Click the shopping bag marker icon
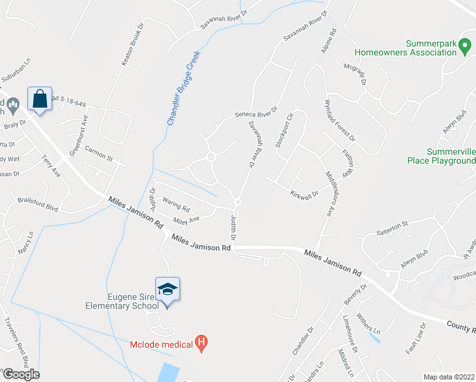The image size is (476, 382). pyautogui.click(x=39, y=99)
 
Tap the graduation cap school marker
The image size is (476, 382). pyautogui.click(x=167, y=290)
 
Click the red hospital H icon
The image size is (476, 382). pyautogui.click(x=202, y=344)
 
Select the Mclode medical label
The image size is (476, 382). pyautogui.click(x=162, y=344)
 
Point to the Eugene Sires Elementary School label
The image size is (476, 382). pyautogui.click(x=122, y=301)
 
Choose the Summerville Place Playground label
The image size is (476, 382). pyautogui.click(x=442, y=156)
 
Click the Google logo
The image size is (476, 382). pyautogui.click(x=20, y=374)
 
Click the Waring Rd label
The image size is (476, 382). pyautogui.click(x=176, y=208)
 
